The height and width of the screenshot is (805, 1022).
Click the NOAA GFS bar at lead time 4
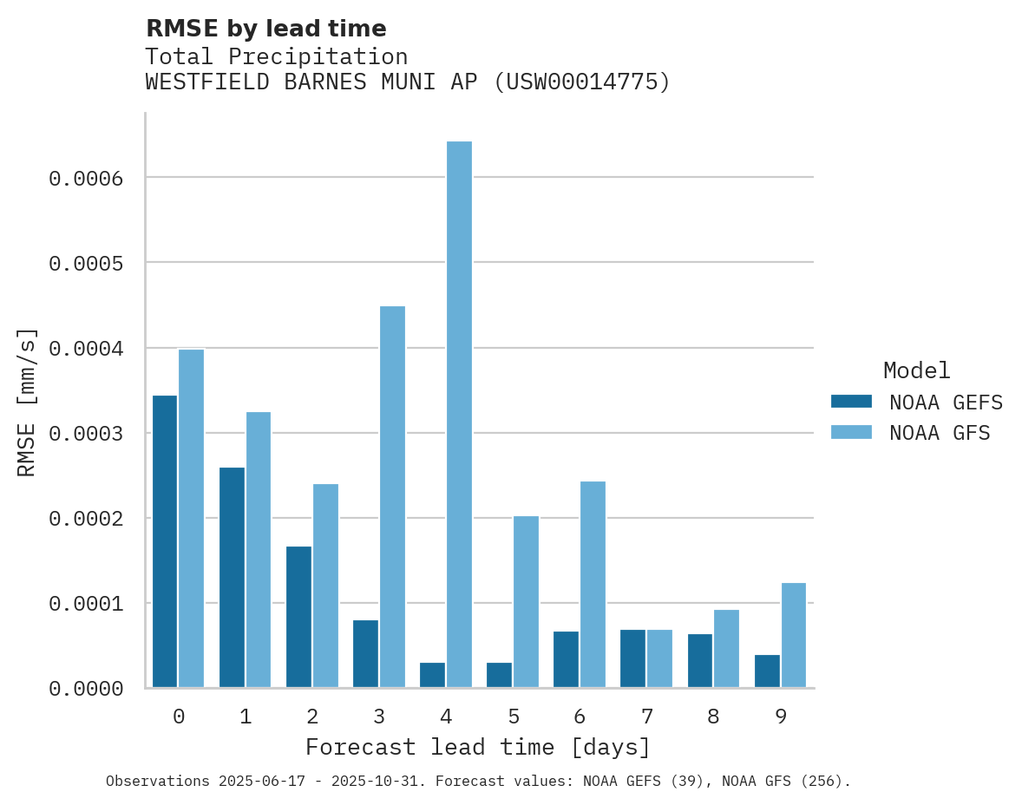(459, 415)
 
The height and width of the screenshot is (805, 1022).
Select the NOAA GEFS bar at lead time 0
(165, 541)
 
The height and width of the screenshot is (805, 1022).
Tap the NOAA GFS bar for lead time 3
(392, 496)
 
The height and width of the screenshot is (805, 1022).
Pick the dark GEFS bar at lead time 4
(432, 675)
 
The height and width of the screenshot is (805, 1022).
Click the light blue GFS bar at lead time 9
(794, 635)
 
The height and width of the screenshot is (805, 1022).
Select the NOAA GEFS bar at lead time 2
(298, 617)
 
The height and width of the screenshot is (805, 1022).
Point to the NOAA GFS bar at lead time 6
(593, 585)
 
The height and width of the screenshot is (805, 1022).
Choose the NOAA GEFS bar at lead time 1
(232, 578)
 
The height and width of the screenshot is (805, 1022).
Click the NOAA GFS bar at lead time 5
(526, 602)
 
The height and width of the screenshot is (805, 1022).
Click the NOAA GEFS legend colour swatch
(851, 402)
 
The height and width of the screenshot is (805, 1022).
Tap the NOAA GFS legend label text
(939, 433)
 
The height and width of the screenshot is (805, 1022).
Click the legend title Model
(916, 370)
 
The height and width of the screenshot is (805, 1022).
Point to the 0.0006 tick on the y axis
(85, 179)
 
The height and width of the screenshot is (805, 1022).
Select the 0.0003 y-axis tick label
(85, 434)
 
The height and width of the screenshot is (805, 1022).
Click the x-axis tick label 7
(647, 717)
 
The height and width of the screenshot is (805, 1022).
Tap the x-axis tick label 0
(179, 717)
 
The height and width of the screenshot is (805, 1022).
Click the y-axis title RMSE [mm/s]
(27, 402)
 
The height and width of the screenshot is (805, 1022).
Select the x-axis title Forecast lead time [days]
(478, 747)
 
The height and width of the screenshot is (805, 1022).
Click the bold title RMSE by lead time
(265, 29)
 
